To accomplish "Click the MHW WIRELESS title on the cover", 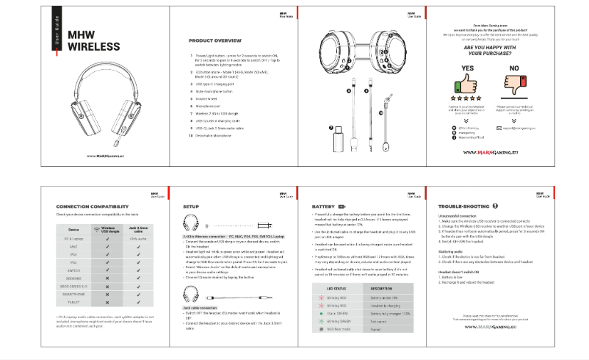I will (x=93, y=41).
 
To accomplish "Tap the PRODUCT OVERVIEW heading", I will (x=215, y=40).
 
